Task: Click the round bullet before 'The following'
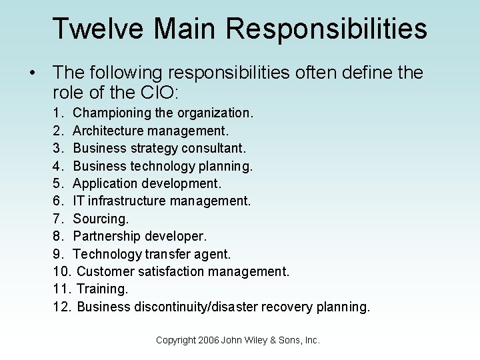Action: [x=32, y=73]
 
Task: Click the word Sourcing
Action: [x=99, y=219]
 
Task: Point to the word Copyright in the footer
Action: [x=175, y=340]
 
